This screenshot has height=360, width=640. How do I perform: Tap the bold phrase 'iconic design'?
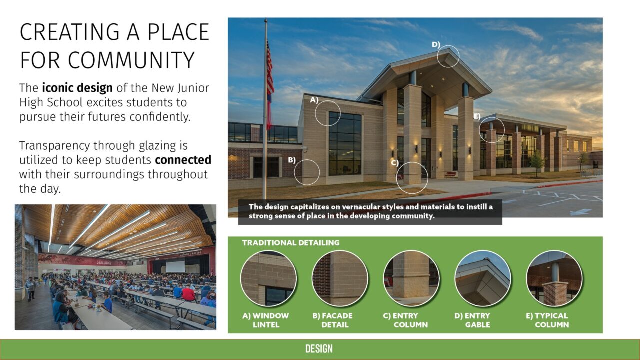[77, 88]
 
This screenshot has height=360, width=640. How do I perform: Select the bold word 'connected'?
[183, 160]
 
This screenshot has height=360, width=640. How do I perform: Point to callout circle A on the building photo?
[328, 112]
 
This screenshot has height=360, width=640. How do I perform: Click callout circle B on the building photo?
[307, 172]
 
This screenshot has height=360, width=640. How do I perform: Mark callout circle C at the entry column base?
[412, 177]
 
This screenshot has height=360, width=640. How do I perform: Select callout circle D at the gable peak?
[448, 56]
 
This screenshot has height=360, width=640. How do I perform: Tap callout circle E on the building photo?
[492, 130]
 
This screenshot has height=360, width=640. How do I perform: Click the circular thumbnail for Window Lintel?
[268, 278]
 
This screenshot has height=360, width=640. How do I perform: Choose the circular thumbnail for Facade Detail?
[340, 278]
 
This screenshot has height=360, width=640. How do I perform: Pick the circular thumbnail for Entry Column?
[411, 278]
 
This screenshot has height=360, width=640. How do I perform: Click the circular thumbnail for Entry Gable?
[482, 278]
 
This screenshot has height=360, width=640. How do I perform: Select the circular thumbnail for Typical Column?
[554, 278]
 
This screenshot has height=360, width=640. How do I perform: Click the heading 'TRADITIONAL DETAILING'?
[290, 243]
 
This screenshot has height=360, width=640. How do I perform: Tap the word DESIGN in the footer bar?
[319, 349]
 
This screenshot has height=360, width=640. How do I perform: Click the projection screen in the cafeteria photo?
[175, 266]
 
